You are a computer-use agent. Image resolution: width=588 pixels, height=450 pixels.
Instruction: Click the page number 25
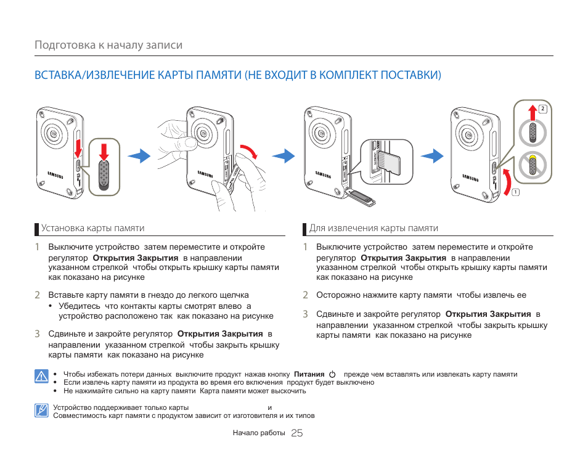pos(296,433)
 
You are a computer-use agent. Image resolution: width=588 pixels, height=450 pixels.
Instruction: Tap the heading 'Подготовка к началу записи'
pos(108,46)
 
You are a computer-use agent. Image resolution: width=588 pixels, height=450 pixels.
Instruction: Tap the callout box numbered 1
pos(515,192)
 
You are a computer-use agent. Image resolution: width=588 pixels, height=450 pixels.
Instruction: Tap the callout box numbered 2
pos(542,110)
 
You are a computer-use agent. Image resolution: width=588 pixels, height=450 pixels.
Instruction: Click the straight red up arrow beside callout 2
pos(532,113)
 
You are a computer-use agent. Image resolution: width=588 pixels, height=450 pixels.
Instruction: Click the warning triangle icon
pos(41,375)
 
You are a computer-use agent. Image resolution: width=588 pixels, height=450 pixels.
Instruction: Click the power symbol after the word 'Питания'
pos(333,375)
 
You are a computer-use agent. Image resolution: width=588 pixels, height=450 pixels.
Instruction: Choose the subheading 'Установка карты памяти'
pos(93,228)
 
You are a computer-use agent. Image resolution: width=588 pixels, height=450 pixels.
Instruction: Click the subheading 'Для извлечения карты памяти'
pos(374,228)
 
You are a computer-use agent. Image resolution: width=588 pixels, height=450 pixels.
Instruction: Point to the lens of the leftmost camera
pos(55,133)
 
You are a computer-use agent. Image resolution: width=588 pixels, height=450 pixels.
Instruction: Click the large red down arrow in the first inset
pos(104,151)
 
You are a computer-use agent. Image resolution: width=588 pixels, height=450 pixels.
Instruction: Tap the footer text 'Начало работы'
pos(259,433)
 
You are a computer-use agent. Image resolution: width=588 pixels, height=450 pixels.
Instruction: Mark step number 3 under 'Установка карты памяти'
pos(37,333)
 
